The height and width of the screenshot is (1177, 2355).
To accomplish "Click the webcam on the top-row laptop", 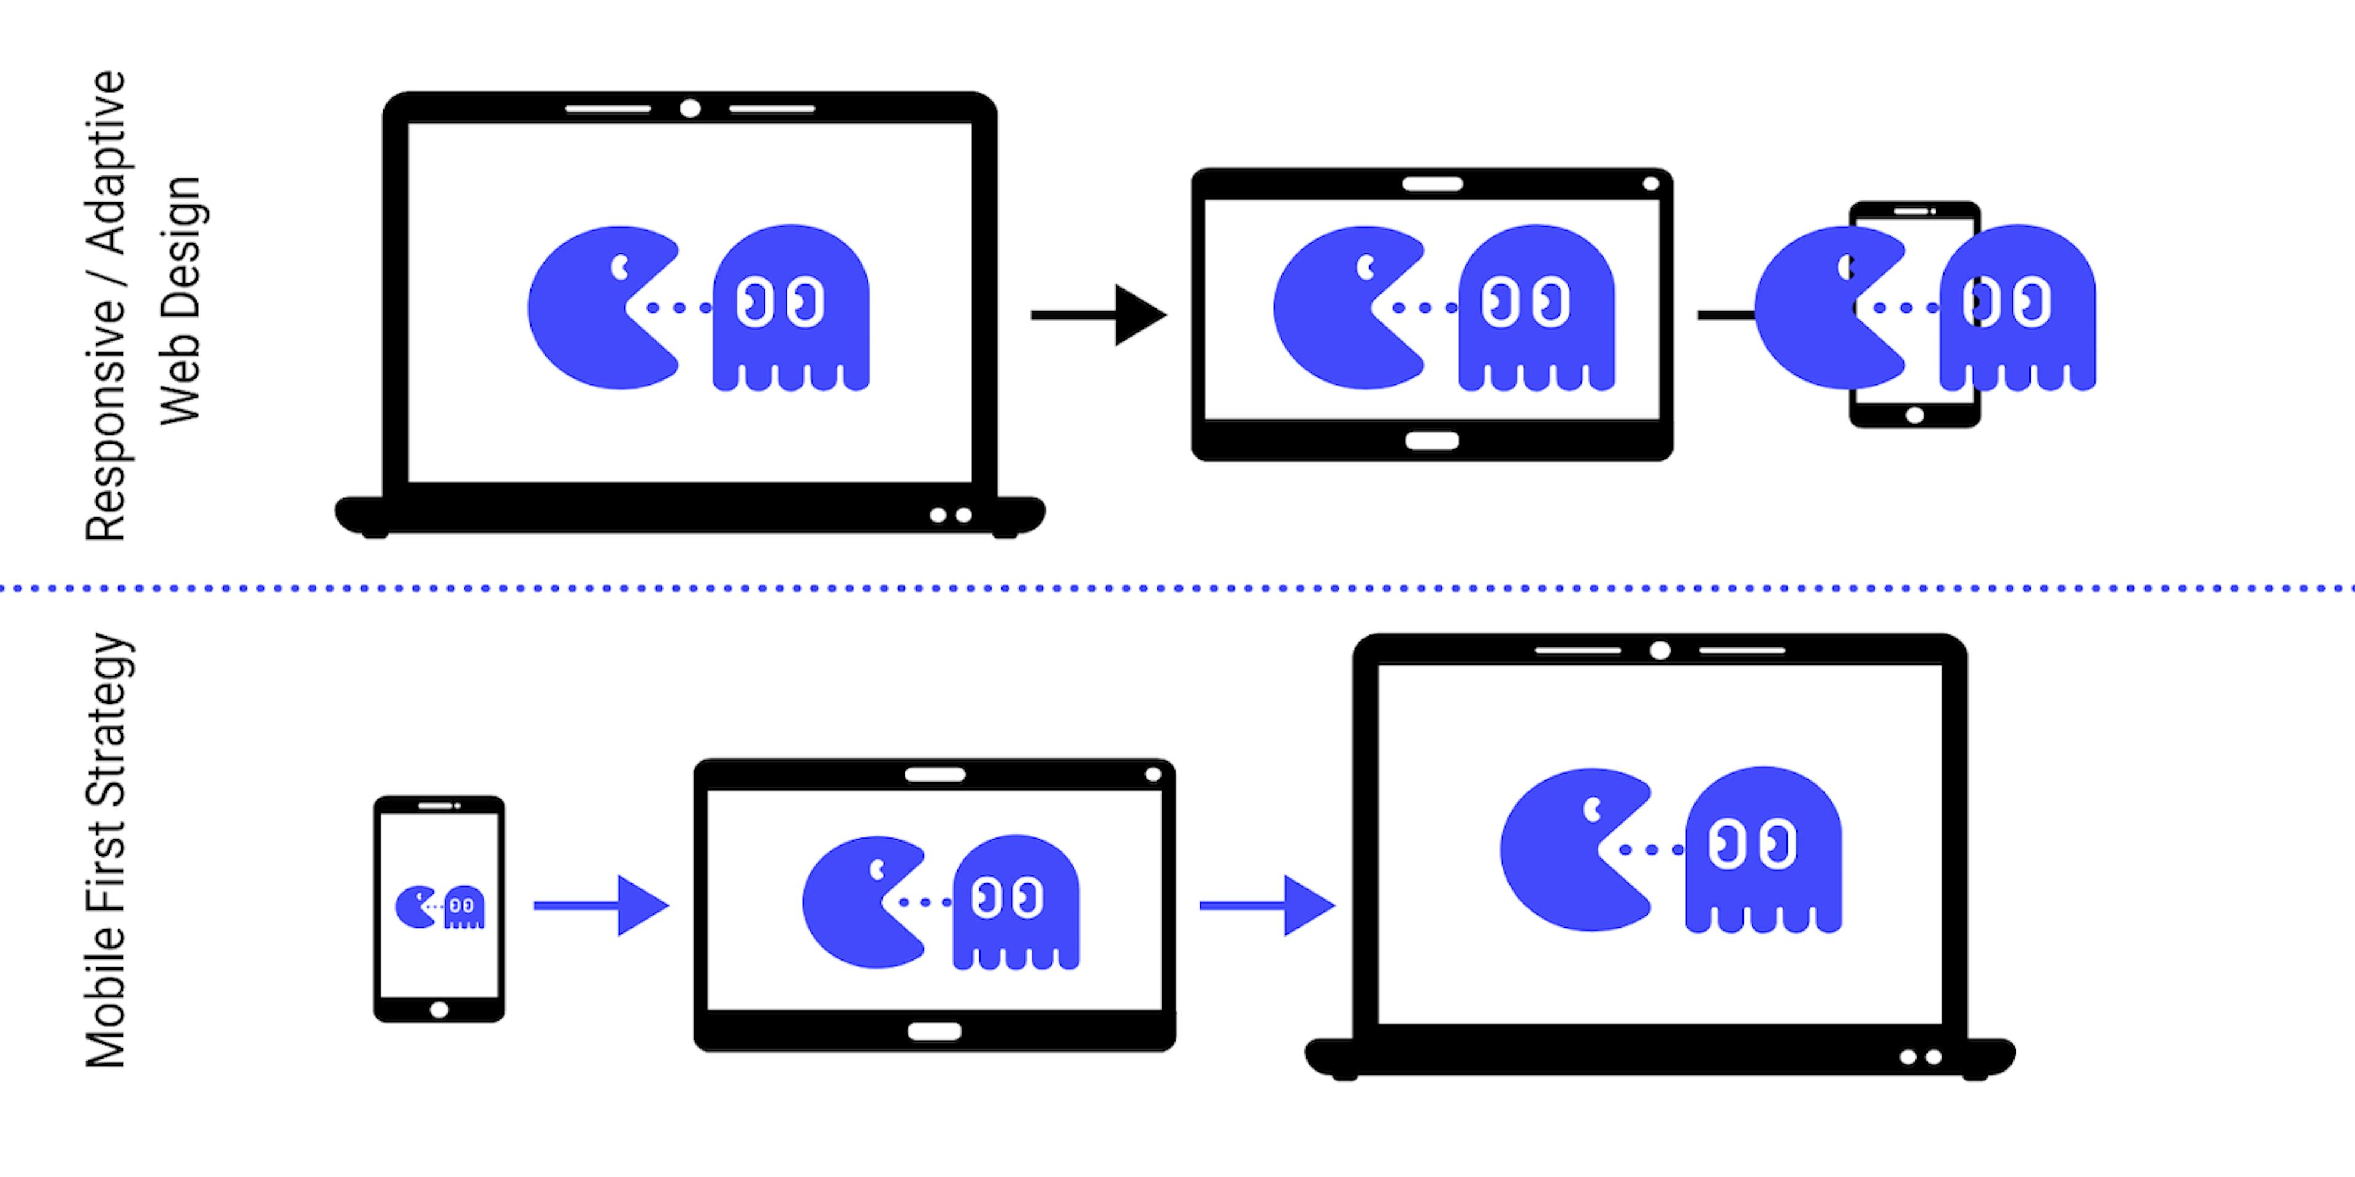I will click(x=690, y=109).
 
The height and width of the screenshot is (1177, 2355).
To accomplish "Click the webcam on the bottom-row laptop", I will click(x=1660, y=650).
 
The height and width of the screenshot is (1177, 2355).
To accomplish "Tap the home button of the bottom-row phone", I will click(x=439, y=1010).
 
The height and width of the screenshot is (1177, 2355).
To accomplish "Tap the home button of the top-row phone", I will click(x=1914, y=416).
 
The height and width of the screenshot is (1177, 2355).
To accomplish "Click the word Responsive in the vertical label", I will click(x=106, y=421).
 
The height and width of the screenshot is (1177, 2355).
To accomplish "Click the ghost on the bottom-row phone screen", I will click(x=464, y=907).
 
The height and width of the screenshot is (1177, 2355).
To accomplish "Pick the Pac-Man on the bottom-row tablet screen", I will click(x=859, y=902).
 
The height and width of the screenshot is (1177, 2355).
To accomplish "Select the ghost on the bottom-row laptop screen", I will click(x=1763, y=850).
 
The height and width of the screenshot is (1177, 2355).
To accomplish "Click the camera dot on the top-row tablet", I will click(x=1650, y=184).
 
